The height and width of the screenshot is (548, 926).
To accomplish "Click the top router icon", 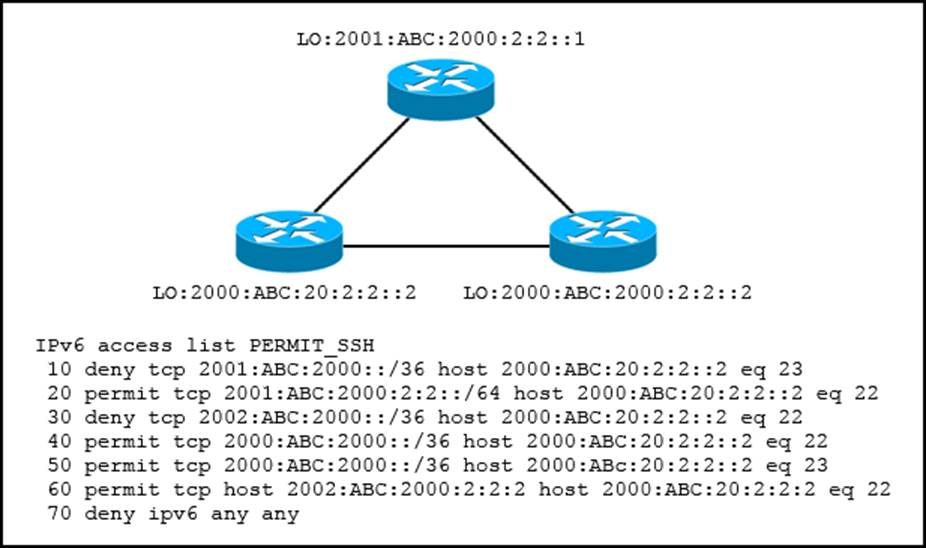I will click(441, 88).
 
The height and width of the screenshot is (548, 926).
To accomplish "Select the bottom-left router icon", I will click(288, 239).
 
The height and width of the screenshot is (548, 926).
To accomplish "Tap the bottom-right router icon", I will click(602, 239).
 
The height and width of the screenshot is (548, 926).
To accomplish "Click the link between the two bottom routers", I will click(445, 246).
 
